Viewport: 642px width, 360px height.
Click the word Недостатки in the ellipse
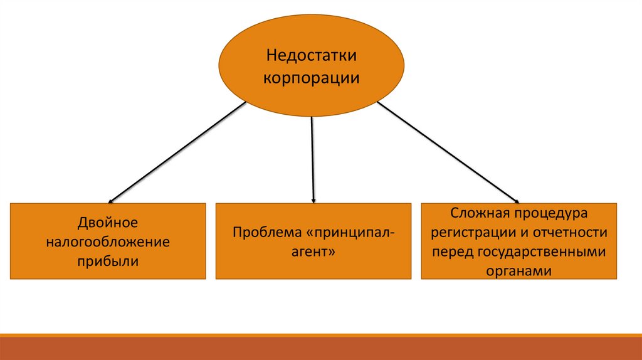click(x=311, y=56)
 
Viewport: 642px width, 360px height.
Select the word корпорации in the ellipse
click(x=311, y=79)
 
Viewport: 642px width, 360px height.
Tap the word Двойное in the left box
click(x=108, y=223)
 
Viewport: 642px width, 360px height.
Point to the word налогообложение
click(x=108, y=241)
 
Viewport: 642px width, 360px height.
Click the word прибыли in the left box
click(x=108, y=260)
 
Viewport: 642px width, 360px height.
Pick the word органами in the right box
click(x=518, y=271)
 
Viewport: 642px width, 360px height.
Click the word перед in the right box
click(x=453, y=252)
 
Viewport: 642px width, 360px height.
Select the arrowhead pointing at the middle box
click(x=313, y=199)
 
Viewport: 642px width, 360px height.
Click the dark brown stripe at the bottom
click(x=321, y=349)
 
